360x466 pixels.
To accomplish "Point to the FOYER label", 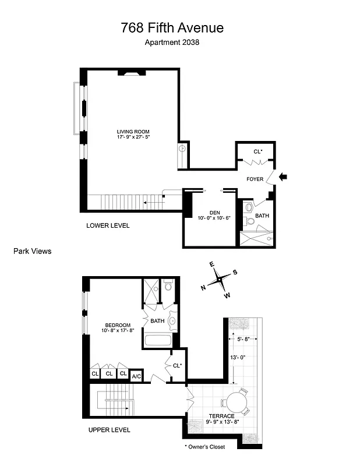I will tap(255, 179).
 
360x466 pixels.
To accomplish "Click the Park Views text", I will tap(32, 251).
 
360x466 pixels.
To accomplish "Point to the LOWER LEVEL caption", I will tap(108, 225).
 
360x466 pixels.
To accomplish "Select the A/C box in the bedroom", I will tap(136, 375).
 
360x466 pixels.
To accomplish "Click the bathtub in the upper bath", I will tap(157, 341).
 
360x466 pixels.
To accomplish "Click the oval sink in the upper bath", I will tap(173, 320).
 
